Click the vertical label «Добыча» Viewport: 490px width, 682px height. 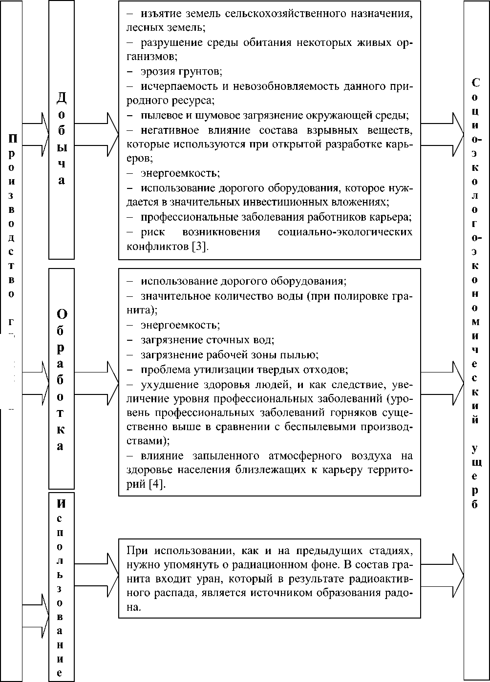[x=62, y=139]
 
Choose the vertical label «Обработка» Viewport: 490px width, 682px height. [x=62, y=378]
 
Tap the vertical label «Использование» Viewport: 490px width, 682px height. [x=62, y=586]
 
